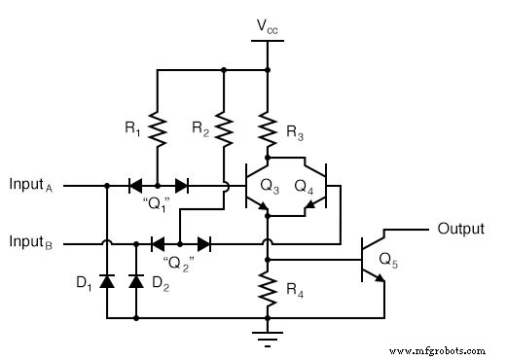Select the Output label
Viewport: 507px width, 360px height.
(x=460, y=230)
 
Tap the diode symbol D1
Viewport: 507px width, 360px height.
(x=105, y=281)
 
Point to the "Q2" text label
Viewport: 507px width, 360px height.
(x=177, y=262)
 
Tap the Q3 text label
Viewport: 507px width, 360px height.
(x=269, y=184)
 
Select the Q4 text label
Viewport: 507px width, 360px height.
(x=305, y=184)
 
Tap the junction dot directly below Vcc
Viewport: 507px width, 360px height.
(x=267, y=69)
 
